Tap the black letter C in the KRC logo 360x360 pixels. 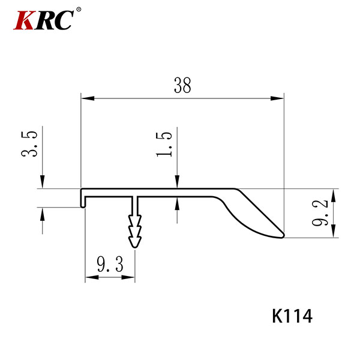coord(63,20)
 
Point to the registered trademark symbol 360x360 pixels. coord(79,10)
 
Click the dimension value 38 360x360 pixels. coord(182,85)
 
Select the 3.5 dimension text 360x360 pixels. coord(29,144)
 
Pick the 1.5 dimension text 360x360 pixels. coord(164,145)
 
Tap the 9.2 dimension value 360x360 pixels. coord(320,213)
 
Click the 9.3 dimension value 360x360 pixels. coord(110,264)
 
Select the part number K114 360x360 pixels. coord(292,316)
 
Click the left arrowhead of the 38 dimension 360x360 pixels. coord(88,98)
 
